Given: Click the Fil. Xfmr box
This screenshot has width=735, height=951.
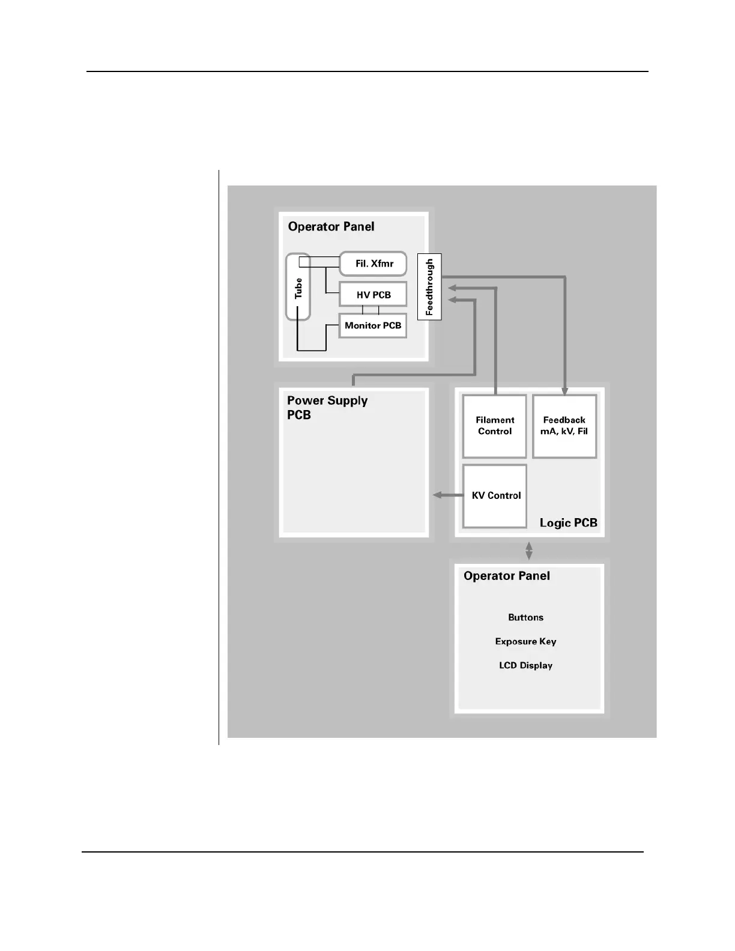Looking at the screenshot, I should pos(373,264).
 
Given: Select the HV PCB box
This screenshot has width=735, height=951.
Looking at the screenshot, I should pos(373,295).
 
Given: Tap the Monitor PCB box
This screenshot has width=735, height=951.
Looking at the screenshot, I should pos(373,325).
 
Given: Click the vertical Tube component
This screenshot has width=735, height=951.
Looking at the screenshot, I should pos(298,287).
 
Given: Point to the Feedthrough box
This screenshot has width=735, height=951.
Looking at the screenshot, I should pos(429,286).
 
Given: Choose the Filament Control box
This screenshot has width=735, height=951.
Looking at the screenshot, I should pos(495,426).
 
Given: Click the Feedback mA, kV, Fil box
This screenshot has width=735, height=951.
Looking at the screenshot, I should pos(564,426).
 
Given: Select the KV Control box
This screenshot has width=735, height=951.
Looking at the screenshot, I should pos(495,495).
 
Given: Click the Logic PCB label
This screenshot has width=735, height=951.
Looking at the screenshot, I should pos(568,523).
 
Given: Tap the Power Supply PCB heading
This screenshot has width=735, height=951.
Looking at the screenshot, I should pos(327,408).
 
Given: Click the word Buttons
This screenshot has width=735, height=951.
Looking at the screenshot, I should pos(525,617).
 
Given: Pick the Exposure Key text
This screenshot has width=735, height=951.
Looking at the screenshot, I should pos(525,641).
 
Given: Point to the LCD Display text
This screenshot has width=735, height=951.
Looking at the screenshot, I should pos(525,665).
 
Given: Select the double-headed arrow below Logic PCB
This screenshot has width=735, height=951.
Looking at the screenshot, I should pos(529,551).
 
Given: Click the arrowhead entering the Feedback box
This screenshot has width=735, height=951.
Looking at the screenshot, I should pos(564,391).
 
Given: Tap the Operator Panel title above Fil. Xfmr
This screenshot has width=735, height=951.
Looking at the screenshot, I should pos(331,226).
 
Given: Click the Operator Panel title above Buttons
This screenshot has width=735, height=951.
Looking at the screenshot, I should pos(506,576).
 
